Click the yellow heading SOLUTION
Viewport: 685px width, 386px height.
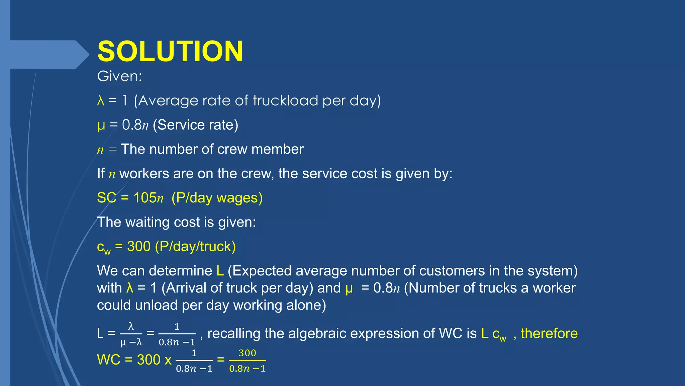[x=170, y=51]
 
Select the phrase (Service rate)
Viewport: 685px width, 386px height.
[x=195, y=125]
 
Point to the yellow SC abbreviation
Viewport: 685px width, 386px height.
[x=106, y=198]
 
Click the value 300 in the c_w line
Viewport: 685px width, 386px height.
[x=138, y=246]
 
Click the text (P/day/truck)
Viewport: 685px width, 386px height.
[x=195, y=246]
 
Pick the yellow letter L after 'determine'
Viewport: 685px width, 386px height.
[x=220, y=271]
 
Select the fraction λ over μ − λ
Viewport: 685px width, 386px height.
[x=131, y=334]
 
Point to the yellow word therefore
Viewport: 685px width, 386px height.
[x=549, y=333]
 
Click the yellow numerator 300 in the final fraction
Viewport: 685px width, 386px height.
[x=247, y=353]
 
